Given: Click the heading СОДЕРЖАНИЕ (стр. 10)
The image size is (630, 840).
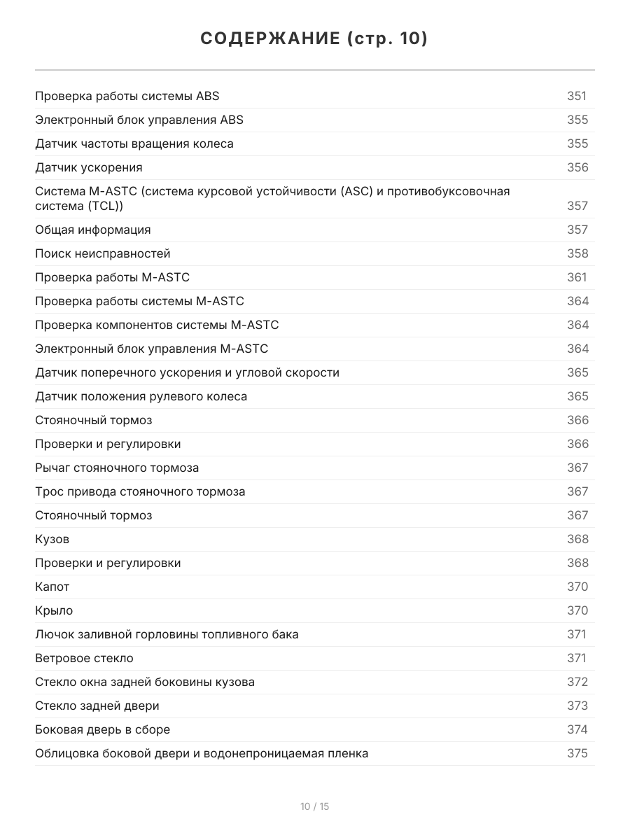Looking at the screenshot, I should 314,39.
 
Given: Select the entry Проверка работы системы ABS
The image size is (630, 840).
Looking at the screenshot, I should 127,97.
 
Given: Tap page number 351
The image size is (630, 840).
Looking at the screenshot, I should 576,97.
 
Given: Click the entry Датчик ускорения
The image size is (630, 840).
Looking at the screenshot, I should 89,168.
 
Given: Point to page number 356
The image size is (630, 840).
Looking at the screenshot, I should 577,168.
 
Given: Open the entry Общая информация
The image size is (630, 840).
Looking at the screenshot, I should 93,230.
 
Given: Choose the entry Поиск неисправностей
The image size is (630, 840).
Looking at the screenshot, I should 103,254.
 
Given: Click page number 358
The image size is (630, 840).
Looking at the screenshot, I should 577,254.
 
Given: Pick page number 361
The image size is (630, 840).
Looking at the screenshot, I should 576,278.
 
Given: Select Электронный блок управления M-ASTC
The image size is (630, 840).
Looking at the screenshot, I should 152,349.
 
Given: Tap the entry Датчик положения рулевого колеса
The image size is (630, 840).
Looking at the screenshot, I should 141,397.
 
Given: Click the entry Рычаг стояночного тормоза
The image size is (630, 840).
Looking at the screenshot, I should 117,468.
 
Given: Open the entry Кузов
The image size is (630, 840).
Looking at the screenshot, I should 52,540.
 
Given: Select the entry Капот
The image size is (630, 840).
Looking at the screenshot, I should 52,587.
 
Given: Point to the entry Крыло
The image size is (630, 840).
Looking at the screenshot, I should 54,611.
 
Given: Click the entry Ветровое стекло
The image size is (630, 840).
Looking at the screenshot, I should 84,659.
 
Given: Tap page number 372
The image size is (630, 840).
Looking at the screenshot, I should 577,682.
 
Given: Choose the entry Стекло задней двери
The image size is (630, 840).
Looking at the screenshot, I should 97,706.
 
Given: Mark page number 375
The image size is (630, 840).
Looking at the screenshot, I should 577,754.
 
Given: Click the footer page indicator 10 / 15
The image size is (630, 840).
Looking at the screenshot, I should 314,807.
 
